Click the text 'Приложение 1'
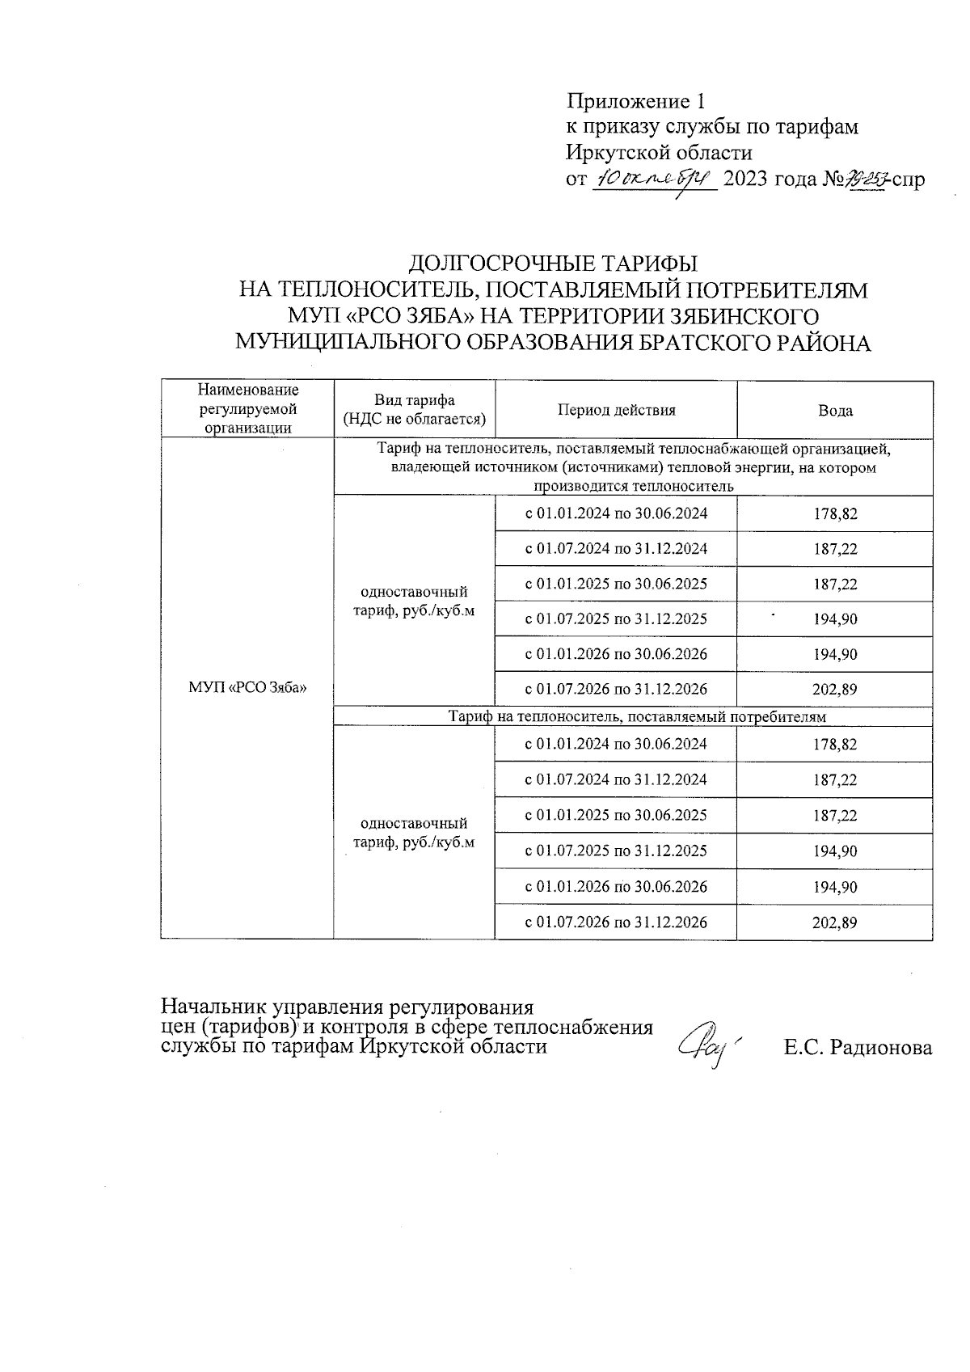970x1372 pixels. pos(636,102)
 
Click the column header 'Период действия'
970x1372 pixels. pos(616,410)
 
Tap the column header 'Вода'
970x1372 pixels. pos(835,411)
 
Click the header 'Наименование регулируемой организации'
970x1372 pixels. pos(247,410)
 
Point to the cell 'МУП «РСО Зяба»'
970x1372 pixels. pos(247,689)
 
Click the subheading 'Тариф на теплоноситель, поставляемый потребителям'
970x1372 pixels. pos(638,716)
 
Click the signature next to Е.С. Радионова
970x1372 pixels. pos(709,1043)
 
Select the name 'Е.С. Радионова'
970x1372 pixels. pos(858,1048)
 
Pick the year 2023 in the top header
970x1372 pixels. pos(746,179)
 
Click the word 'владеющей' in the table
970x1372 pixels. pos(418,468)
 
